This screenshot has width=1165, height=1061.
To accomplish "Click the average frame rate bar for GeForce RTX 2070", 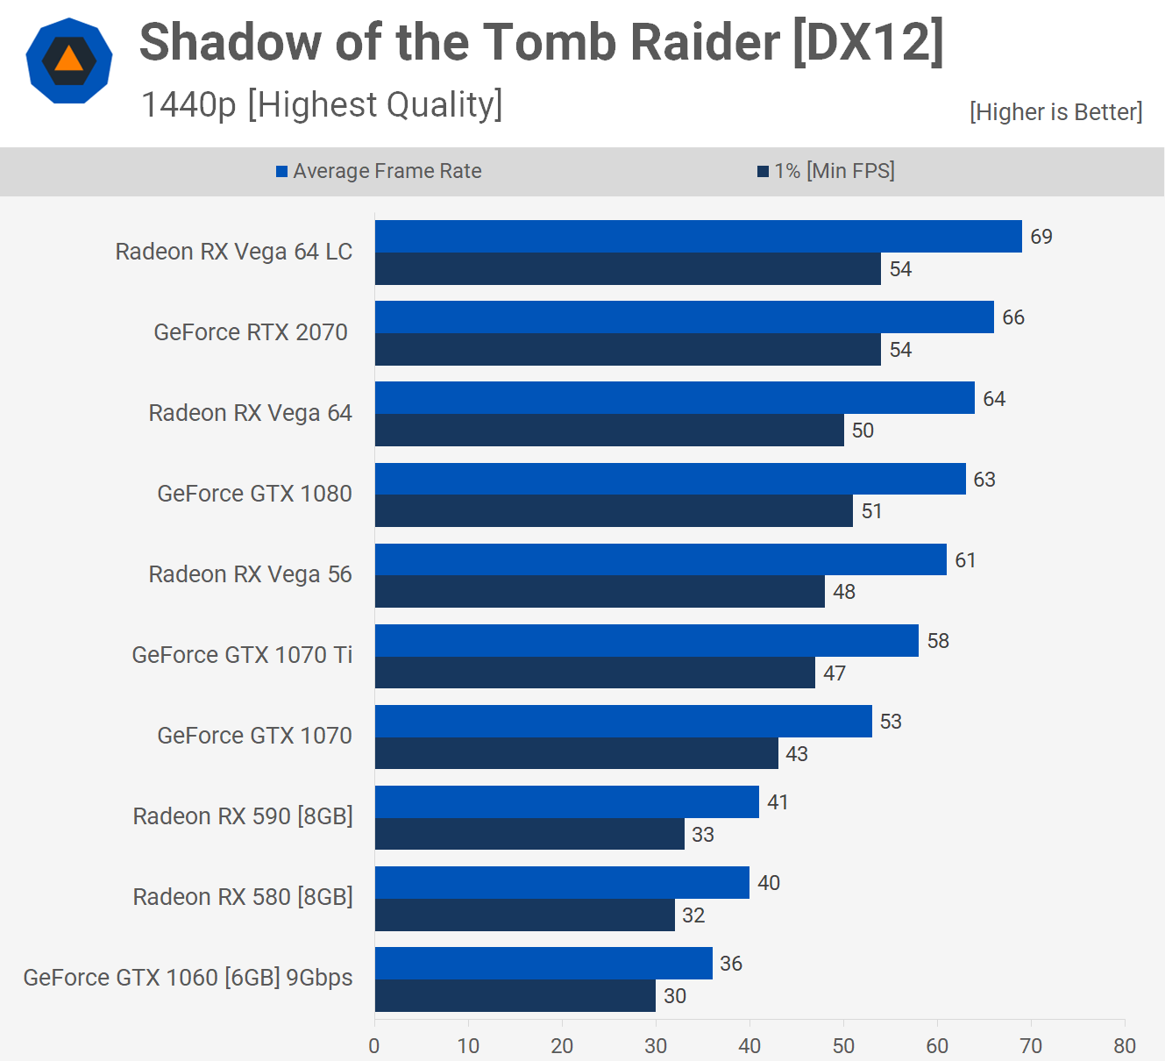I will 684,317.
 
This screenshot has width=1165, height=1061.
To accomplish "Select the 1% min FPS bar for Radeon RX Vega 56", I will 600,592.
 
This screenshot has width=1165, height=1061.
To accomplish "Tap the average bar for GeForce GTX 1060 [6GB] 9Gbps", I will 543,963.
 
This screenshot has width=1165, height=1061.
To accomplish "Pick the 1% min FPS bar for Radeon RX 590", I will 529,834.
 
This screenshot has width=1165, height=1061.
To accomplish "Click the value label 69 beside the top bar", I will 1041,237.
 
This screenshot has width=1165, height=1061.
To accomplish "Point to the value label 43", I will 797,754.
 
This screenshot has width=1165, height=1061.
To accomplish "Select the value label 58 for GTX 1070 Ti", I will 938,641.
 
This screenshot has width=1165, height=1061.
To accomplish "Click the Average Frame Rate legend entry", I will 379,171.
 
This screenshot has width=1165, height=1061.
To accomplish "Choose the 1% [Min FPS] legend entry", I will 826,171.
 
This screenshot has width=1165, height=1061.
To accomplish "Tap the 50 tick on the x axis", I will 843,1045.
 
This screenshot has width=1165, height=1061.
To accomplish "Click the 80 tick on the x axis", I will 1125,1045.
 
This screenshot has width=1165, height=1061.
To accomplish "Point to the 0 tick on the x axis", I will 374,1045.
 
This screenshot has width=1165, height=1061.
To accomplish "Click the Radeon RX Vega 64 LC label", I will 234,252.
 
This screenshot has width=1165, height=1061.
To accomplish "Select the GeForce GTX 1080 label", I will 254,494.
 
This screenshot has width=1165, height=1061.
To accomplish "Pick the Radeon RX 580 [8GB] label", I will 243,897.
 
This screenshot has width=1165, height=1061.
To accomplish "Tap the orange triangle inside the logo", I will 68,60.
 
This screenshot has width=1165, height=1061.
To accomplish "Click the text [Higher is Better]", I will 1055,112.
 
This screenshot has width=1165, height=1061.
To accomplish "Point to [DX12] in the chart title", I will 868,41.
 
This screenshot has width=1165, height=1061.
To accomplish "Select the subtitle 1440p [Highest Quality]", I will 322,105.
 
